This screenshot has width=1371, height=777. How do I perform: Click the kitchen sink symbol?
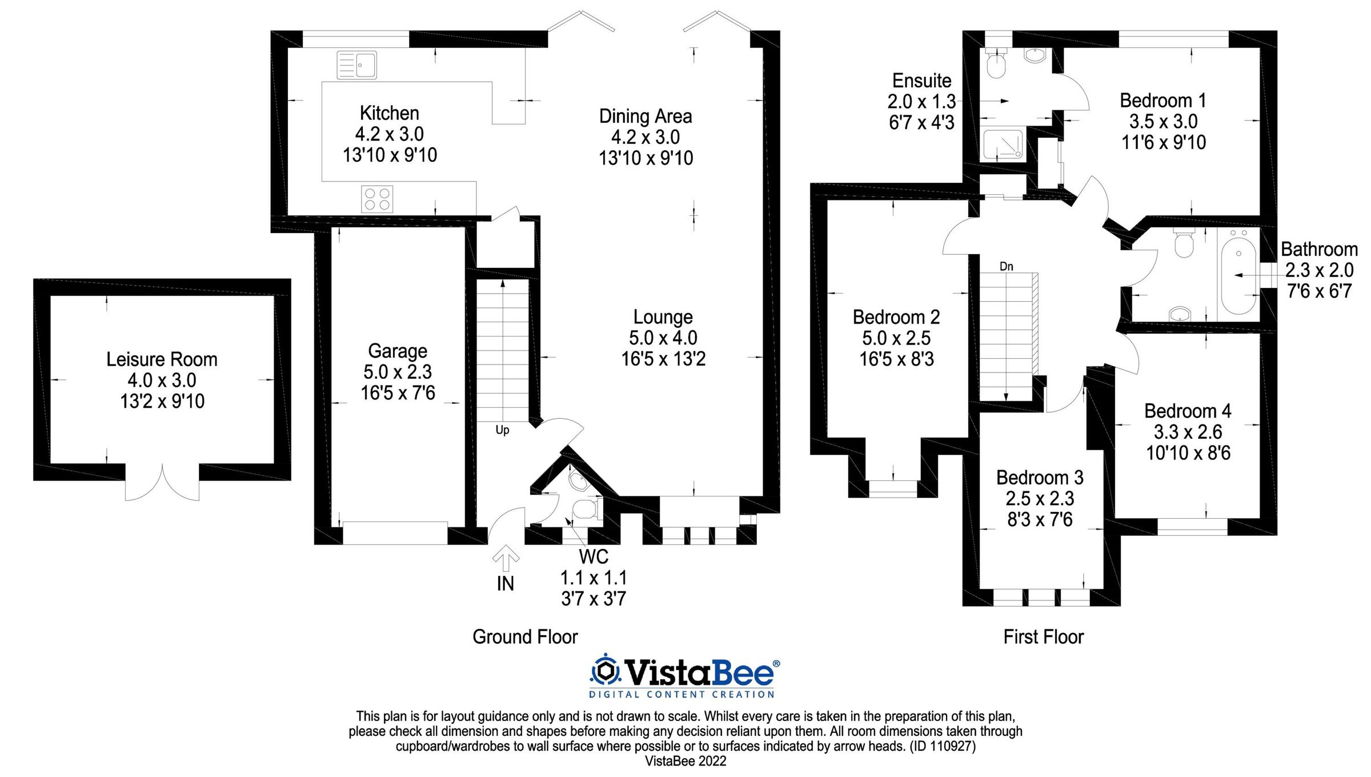coord(357,65)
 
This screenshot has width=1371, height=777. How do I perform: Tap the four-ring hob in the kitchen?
coord(377,199)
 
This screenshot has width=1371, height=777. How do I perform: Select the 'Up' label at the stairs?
coord(502,430)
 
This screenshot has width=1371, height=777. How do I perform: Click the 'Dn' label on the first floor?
coord(1006,266)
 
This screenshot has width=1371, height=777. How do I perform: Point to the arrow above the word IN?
coord(506,558)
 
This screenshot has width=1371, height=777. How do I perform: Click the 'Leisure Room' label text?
coord(162,359)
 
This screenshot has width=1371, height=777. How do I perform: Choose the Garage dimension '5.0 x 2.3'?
coord(398,372)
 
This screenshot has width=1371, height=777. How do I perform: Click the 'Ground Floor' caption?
coord(525,636)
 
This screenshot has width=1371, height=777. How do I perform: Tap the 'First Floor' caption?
coord(1043,636)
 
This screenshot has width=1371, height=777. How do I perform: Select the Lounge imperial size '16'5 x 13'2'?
coord(663,359)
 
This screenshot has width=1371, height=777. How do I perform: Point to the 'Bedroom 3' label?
coord(1040,477)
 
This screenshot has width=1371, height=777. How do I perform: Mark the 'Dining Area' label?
coord(646,116)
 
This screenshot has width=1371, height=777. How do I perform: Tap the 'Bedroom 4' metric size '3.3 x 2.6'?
coord(1188,432)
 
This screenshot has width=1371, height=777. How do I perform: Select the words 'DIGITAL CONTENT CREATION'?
coord(682,695)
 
